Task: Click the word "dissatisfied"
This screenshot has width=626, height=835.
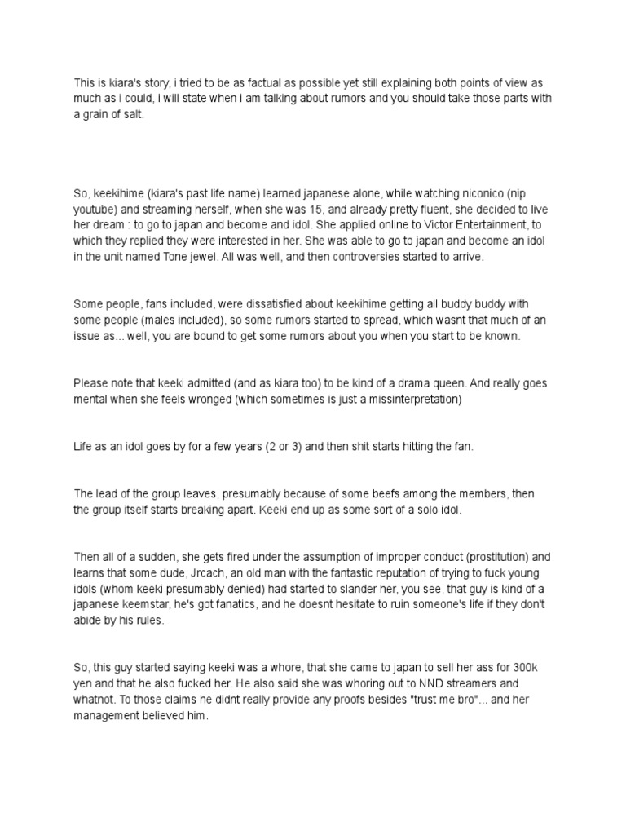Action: click(253, 303)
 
